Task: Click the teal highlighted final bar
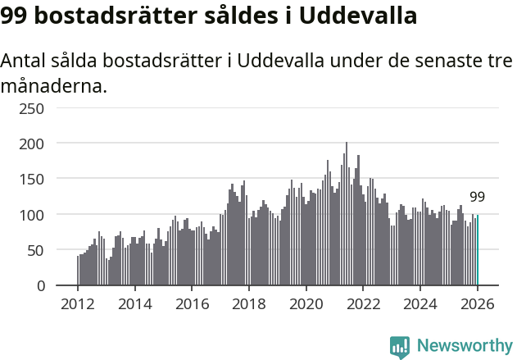tap(478, 250)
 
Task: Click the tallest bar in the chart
tap(347, 215)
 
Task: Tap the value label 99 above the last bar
tap(477, 197)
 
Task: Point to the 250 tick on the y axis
tap(33, 107)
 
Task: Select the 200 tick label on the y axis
tap(33, 144)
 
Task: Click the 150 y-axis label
tap(33, 179)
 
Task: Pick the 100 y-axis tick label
tap(33, 215)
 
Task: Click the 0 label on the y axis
tap(40, 286)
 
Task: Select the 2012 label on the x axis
tap(78, 304)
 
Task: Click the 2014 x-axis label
tap(135, 304)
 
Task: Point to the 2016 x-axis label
tap(192, 304)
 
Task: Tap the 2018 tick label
tap(249, 304)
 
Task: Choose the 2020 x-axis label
tap(306, 304)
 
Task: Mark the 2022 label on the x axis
tap(364, 304)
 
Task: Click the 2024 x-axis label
tap(420, 304)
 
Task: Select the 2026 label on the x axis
tap(478, 304)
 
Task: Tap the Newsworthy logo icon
tap(400, 347)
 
